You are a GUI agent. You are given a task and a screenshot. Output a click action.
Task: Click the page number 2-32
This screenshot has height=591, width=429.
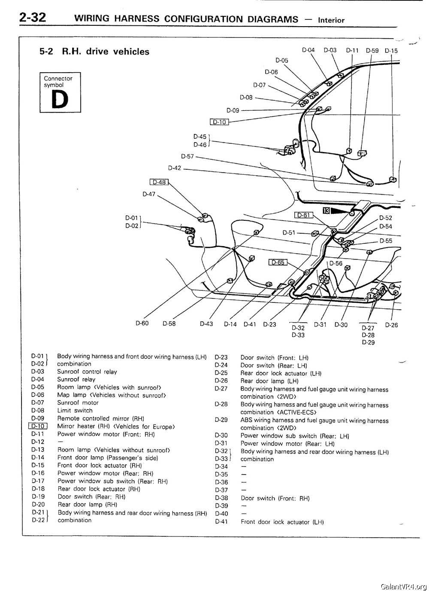(x=33, y=18)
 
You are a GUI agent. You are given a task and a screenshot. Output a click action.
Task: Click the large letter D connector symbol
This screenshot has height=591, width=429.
(x=60, y=100)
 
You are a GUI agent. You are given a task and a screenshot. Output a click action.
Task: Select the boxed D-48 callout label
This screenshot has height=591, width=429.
(x=159, y=182)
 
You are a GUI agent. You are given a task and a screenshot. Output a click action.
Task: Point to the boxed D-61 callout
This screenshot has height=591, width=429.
(x=303, y=215)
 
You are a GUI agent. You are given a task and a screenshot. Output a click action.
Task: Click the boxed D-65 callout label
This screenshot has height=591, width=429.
(x=278, y=262)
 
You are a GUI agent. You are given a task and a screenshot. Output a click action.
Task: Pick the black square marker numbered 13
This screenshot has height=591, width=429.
(x=326, y=210)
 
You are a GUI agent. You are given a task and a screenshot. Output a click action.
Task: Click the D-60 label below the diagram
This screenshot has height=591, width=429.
(x=142, y=323)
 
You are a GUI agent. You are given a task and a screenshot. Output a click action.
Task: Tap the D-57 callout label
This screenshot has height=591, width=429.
(x=187, y=156)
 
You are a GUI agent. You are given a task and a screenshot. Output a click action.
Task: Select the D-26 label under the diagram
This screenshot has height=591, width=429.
(x=391, y=325)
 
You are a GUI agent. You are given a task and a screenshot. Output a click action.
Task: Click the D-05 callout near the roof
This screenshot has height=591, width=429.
(x=282, y=61)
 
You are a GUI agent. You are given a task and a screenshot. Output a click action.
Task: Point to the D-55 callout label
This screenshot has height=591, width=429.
(x=386, y=241)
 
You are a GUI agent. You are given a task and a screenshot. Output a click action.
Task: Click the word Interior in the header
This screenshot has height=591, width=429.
(x=331, y=20)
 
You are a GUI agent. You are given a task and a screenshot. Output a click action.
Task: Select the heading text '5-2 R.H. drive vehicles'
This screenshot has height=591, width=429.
(x=94, y=52)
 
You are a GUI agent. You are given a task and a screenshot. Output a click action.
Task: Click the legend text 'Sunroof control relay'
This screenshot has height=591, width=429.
(x=87, y=372)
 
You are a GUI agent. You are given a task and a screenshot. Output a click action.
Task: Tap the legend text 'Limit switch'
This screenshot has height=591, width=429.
(x=75, y=411)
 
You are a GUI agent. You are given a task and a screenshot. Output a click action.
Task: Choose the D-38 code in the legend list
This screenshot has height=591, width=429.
(x=221, y=498)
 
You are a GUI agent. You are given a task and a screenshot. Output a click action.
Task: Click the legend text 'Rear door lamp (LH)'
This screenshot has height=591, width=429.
(x=269, y=381)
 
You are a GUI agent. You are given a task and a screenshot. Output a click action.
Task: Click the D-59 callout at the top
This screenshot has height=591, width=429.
(x=372, y=50)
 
